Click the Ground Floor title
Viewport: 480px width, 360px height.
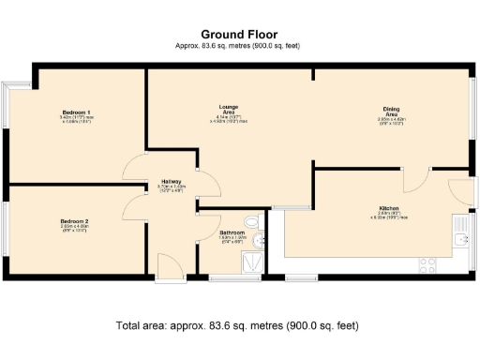[239, 33]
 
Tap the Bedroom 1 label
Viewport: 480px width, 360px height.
[69, 112]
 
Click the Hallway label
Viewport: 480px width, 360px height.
[171, 181]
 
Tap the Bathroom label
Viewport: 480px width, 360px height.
[232, 232]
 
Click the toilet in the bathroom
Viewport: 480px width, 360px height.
[248, 222]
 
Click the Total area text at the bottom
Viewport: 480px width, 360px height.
[237, 325]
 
